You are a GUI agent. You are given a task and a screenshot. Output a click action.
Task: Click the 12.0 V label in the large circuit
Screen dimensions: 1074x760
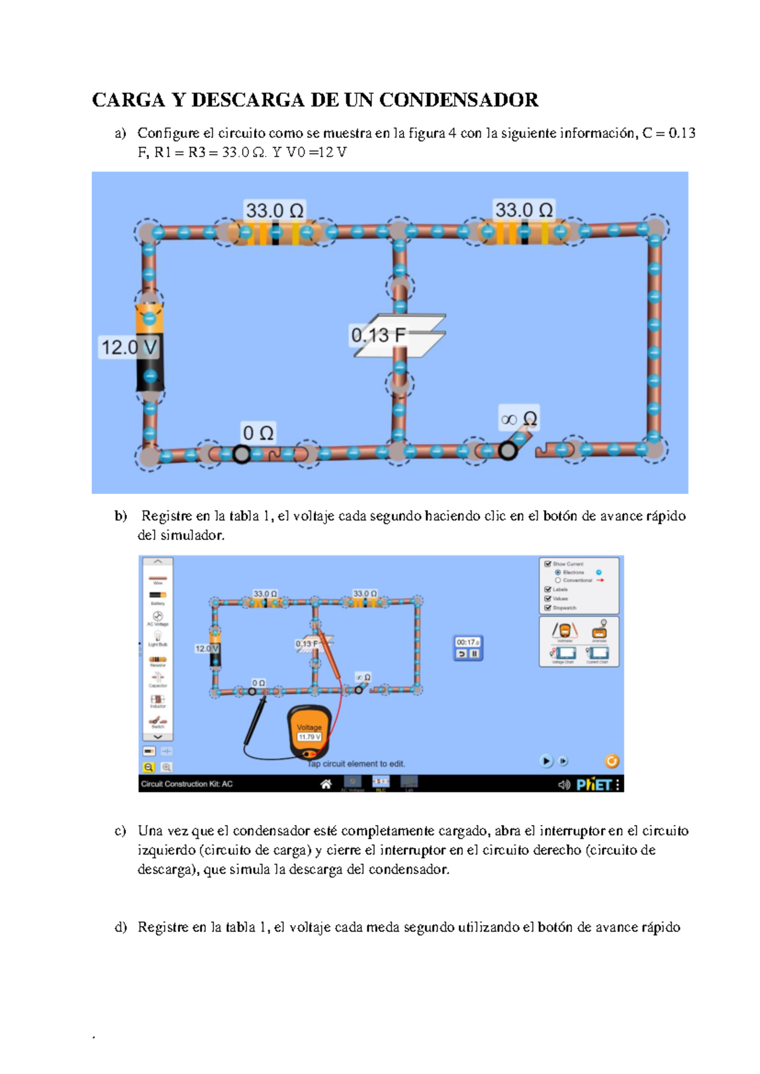(129, 347)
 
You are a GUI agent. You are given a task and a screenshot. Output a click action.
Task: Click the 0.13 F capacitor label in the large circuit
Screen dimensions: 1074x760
(378, 335)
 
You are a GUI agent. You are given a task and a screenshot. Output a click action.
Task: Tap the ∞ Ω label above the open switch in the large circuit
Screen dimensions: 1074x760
(519, 419)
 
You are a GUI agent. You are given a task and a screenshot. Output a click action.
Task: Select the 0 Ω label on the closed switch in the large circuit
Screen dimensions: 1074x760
(258, 433)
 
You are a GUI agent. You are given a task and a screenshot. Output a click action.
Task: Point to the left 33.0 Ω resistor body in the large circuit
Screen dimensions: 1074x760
(274, 233)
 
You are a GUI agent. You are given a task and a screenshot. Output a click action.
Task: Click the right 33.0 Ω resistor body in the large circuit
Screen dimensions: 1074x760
(523, 232)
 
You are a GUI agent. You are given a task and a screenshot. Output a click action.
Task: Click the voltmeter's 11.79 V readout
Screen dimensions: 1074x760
(310, 736)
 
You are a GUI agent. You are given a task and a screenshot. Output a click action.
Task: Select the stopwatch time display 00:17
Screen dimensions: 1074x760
(467, 642)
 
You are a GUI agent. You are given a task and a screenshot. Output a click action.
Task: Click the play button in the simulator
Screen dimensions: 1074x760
(546, 761)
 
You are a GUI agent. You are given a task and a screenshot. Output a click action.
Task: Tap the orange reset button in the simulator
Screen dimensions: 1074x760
(612, 761)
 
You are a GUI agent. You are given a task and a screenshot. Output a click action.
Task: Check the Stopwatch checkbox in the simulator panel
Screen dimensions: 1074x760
(548, 608)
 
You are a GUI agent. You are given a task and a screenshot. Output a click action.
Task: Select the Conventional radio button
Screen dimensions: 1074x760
(558, 580)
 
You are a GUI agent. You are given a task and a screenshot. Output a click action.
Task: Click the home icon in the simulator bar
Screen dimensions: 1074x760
(326, 784)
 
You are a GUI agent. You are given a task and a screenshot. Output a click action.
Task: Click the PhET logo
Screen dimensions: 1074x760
(593, 785)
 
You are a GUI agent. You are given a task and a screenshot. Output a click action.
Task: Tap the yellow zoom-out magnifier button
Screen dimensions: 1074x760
(149, 768)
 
